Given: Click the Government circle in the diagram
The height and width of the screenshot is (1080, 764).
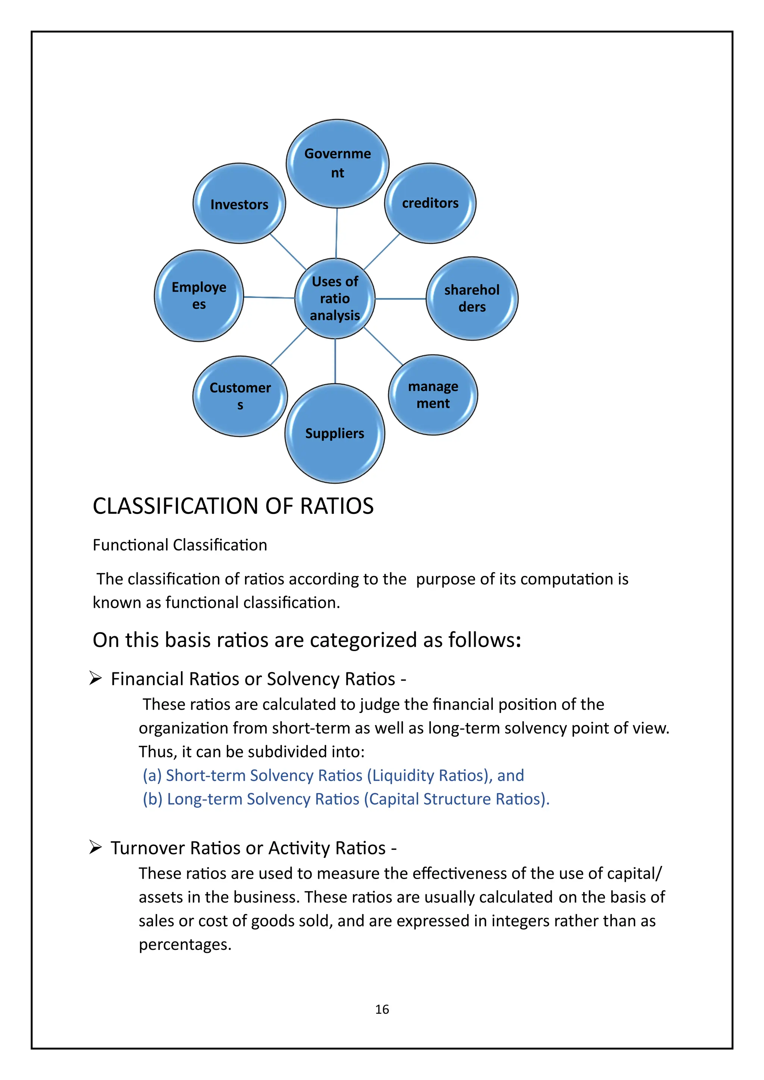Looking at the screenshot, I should click(337, 163).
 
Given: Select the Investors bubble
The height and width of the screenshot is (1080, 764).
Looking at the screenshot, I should click(239, 204).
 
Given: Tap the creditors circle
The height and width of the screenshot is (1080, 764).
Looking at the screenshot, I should click(430, 203).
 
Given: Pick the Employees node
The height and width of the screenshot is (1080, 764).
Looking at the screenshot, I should click(199, 295).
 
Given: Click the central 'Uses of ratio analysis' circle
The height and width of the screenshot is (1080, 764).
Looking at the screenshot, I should click(335, 298).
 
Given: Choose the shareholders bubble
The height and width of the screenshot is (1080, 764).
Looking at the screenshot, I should click(472, 298).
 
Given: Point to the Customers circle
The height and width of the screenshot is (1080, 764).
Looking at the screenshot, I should click(240, 396).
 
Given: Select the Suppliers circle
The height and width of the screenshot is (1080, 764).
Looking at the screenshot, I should click(335, 433).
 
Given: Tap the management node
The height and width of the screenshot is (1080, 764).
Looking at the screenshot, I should click(433, 395).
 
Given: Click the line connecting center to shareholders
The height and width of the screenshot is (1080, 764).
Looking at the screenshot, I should click(400, 299).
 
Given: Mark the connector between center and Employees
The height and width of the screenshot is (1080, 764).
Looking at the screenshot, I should click(269, 297).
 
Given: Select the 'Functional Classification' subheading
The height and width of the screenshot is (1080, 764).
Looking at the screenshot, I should click(180, 545).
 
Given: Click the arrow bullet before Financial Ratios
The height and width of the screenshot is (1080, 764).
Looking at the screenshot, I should click(95, 678).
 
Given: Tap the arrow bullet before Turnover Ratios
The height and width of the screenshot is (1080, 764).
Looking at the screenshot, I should click(95, 847).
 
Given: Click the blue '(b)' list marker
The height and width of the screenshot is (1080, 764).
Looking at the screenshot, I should click(153, 799).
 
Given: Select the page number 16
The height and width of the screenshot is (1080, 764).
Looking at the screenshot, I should click(382, 1009).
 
